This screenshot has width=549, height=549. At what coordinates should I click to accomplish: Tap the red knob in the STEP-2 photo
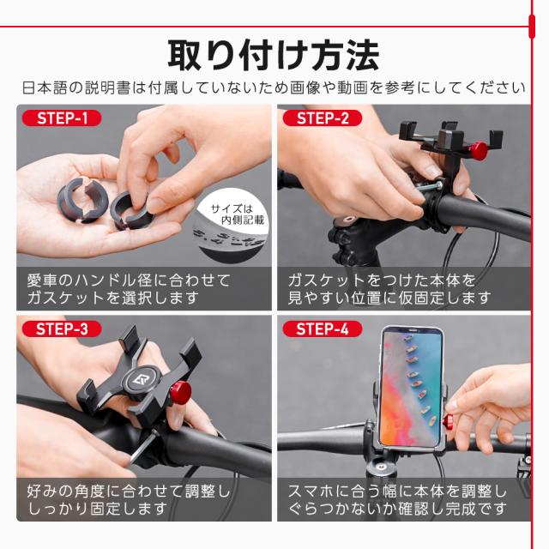[x=478, y=151]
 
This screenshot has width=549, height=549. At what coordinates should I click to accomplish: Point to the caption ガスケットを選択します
[x=112, y=299]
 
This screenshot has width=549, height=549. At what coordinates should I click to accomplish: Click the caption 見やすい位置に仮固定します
[x=389, y=299]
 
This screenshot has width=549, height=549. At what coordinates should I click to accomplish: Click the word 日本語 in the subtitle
[x=44, y=87]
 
